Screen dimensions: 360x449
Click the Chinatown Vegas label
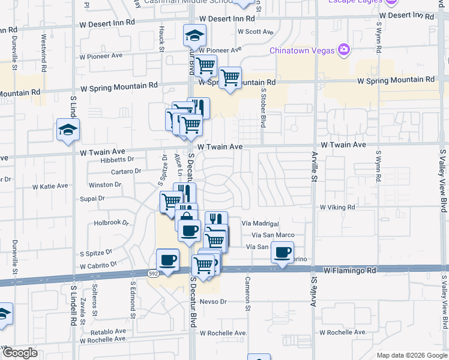301,50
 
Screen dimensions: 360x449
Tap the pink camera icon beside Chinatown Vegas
344,49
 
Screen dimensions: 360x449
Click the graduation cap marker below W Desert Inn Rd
194,35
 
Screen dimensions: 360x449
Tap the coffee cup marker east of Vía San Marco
282,252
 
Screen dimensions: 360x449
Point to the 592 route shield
154,273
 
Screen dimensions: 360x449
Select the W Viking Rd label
337,207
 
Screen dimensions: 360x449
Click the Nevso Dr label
212,301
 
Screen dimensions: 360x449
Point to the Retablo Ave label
108,331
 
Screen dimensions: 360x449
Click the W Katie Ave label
50,186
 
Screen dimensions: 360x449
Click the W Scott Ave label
255,32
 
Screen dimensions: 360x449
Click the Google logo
19,353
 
